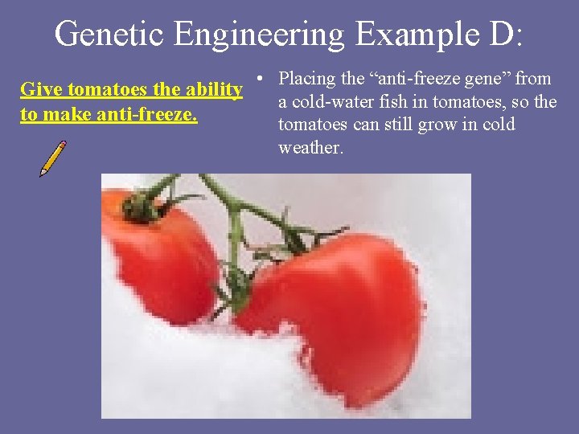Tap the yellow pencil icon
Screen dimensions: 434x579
pos(53,159)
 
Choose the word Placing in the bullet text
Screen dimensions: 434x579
pos(307,79)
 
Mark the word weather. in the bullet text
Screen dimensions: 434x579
pos(310,148)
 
